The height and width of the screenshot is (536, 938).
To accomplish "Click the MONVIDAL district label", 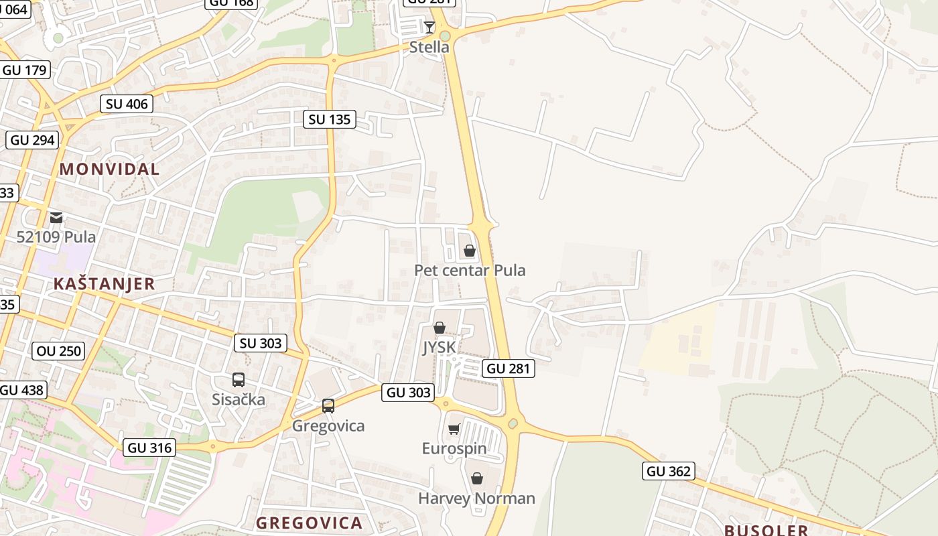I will (x=110, y=169).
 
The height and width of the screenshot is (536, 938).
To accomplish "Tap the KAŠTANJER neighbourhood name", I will (x=104, y=283).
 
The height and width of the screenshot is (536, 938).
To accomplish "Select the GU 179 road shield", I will (x=25, y=70).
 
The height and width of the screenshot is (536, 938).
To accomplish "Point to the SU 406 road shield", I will (x=127, y=104).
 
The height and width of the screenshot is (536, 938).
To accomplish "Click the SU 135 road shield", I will (x=329, y=119).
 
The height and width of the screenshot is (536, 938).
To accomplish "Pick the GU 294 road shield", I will (x=33, y=140).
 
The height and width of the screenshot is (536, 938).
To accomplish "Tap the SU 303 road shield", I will (x=261, y=343).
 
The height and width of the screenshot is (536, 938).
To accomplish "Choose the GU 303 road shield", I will (x=408, y=393).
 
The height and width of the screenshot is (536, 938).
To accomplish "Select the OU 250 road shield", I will (x=59, y=350).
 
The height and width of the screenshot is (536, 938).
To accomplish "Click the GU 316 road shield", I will (x=149, y=448).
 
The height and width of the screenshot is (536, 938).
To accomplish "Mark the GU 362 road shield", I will (x=668, y=471).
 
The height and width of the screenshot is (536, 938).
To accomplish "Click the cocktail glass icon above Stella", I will (x=429, y=27).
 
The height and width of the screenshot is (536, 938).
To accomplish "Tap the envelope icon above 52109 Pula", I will (x=56, y=217).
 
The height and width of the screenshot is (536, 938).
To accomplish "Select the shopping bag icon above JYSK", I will (x=439, y=328).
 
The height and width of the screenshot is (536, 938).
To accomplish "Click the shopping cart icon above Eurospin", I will (x=454, y=429).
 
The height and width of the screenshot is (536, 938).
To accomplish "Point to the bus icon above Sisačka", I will (x=239, y=380).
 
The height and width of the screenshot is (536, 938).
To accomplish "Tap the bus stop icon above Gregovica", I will (x=328, y=406).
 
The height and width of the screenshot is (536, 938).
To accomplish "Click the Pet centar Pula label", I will (x=470, y=271).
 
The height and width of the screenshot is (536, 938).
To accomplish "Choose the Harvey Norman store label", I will (x=476, y=498).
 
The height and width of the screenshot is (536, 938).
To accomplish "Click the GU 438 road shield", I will (x=22, y=390).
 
